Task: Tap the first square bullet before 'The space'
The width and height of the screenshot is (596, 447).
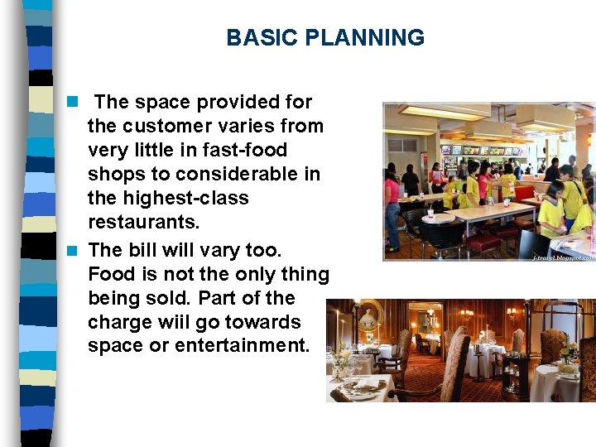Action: click(73, 102)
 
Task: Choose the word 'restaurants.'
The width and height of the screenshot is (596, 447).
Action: click(144, 223)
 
